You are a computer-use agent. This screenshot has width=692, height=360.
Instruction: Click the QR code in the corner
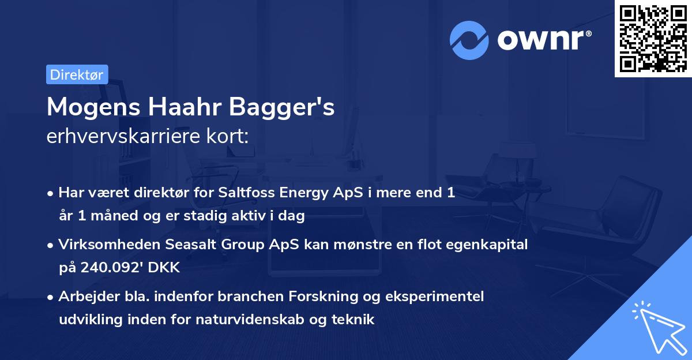click(653, 39)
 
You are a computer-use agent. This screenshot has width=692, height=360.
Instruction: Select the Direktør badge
click(77, 74)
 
